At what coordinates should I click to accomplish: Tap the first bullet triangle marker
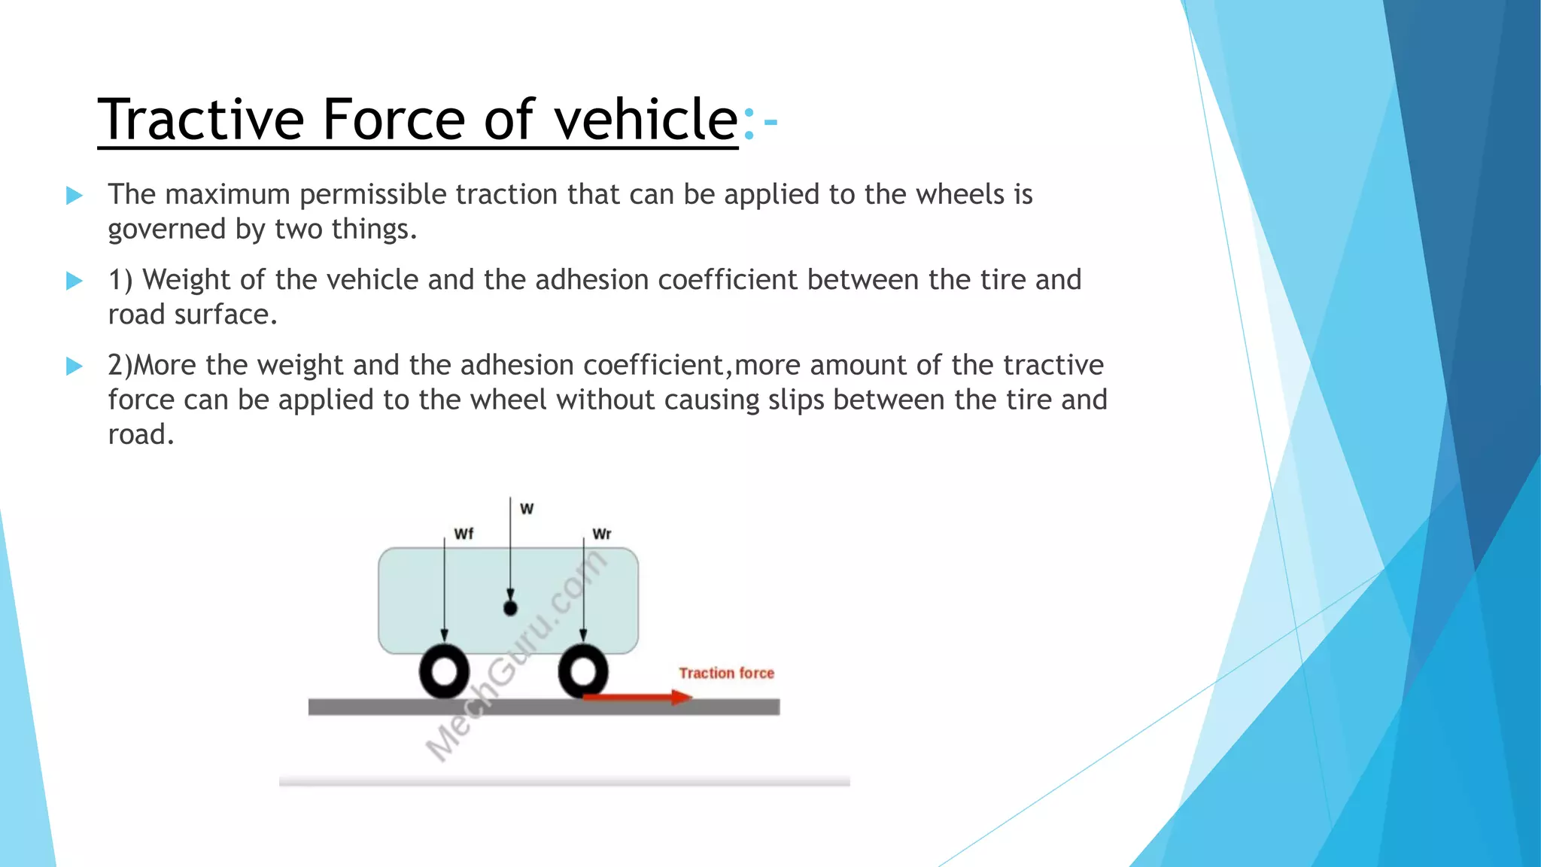(x=74, y=196)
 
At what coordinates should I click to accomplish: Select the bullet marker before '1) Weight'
(x=74, y=281)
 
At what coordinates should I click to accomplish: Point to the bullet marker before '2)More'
(x=74, y=366)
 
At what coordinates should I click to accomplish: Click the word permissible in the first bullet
(x=373, y=195)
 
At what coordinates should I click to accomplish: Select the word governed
(x=166, y=229)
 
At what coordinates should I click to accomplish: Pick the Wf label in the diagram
(x=464, y=534)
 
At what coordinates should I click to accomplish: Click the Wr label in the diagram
(x=602, y=534)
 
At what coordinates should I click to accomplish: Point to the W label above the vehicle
(x=527, y=509)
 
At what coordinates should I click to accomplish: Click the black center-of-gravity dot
(x=510, y=607)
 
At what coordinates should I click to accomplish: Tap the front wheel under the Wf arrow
(x=444, y=671)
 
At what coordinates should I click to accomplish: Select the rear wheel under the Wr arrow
(x=583, y=671)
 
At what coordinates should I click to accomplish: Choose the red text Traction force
(x=726, y=673)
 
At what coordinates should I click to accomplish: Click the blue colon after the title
(x=748, y=123)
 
